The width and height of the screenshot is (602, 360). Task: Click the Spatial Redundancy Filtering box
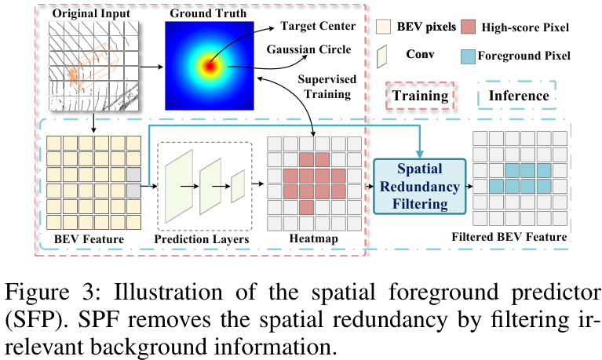(418, 187)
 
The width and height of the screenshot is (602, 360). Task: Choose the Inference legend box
(518, 96)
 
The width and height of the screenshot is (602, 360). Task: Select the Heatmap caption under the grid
(313, 238)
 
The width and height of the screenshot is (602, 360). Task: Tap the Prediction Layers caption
(202, 238)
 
